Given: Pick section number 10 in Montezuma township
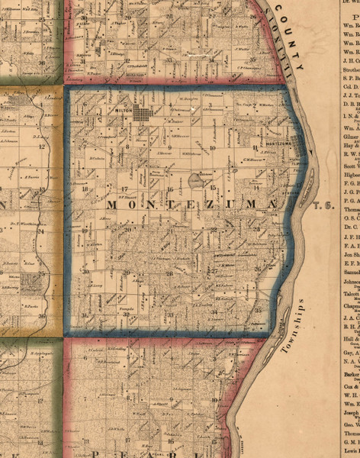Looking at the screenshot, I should (x=213, y=147).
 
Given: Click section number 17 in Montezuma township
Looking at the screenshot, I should (x=124, y=189).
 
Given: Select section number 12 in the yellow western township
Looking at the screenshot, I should (x=43, y=146).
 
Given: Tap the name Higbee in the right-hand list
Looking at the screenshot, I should (x=346, y=174).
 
